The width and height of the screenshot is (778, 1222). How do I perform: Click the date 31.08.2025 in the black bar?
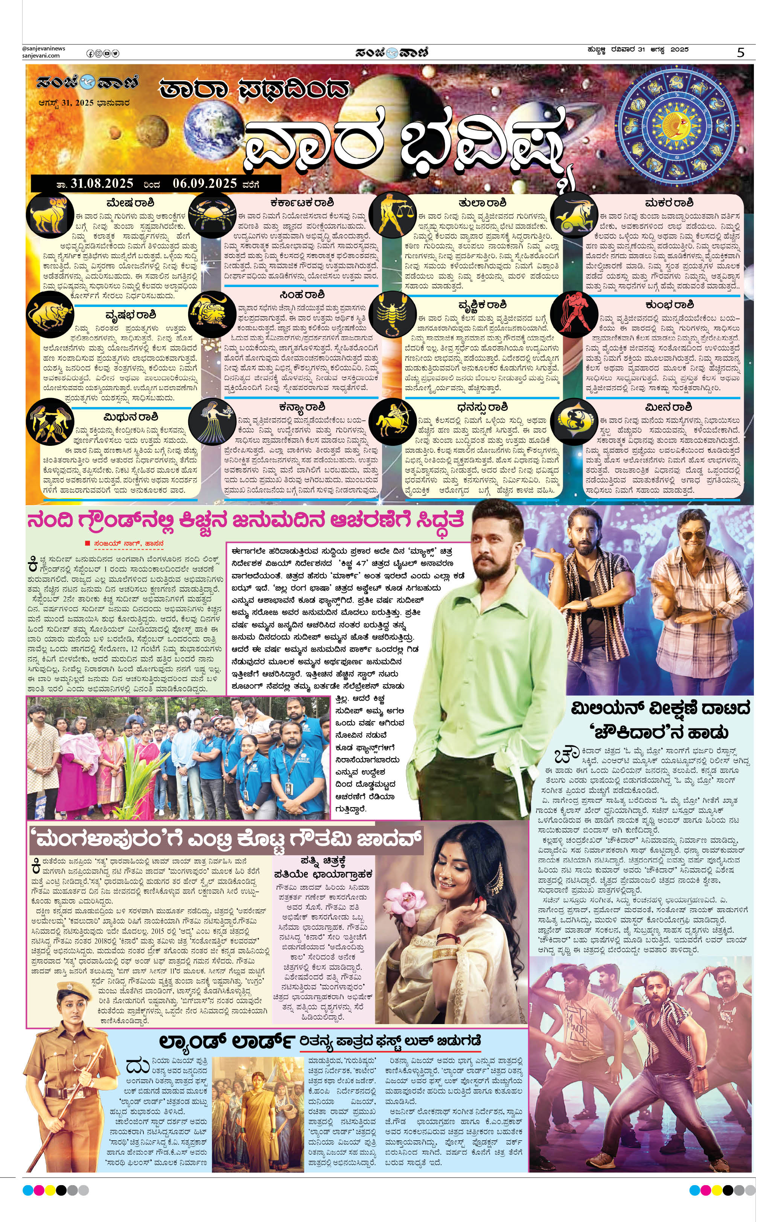(102, 183)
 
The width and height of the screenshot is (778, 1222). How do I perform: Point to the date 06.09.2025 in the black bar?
(205, 183)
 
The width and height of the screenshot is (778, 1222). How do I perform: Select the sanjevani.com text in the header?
(41, 56)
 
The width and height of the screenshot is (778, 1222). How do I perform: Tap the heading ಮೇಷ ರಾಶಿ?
(131, 203)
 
